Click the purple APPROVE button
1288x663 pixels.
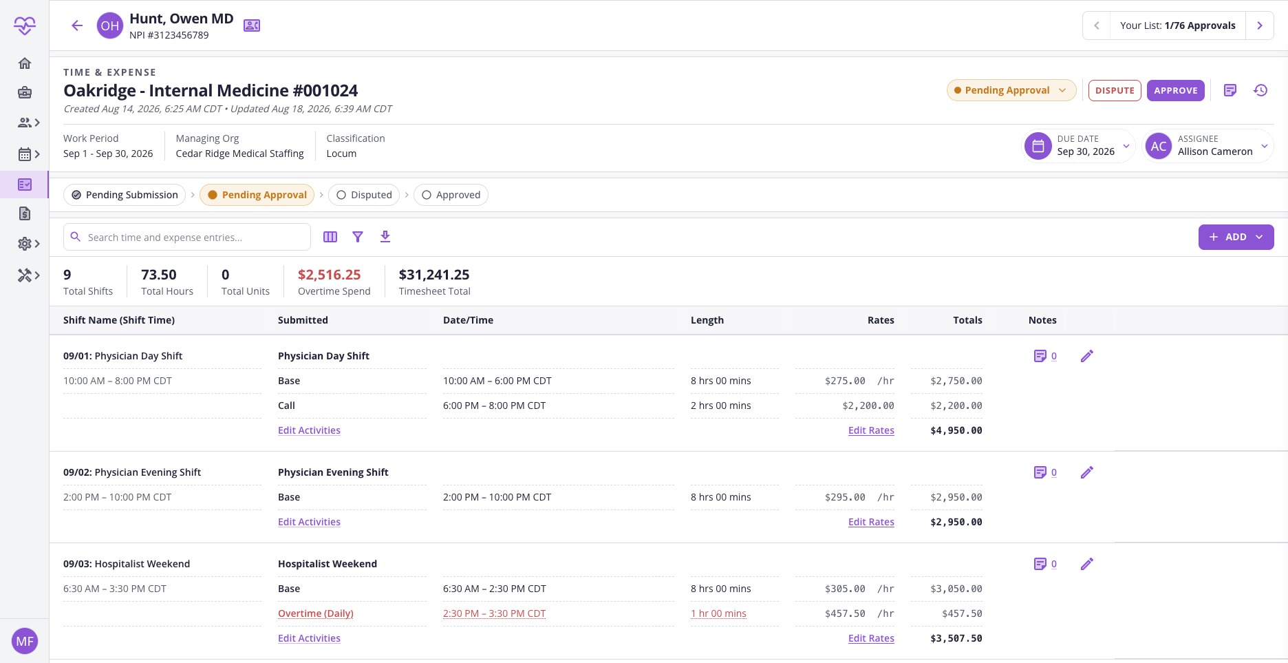[1175, 90]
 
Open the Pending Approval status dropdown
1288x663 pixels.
[1011, 90]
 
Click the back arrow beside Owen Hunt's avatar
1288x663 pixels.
[77, 26]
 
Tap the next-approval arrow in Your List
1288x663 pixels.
[1260, 25]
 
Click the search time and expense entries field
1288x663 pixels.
[187, 237]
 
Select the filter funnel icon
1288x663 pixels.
[358, 237]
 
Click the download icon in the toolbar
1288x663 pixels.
[385, 237]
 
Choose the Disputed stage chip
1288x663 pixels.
[364, 195]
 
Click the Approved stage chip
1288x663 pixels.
[451, 195]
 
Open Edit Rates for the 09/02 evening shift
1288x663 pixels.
[871, 522]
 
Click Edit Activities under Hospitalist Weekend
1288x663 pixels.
[309, 638]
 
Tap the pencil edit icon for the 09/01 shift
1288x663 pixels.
[1087, 356]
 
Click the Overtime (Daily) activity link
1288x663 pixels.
[315, 613]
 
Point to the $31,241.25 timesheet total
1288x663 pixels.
[434, 275]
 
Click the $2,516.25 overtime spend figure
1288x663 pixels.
[329, 275]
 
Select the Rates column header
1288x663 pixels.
[881, 320]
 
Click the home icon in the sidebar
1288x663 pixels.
[25, 63]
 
